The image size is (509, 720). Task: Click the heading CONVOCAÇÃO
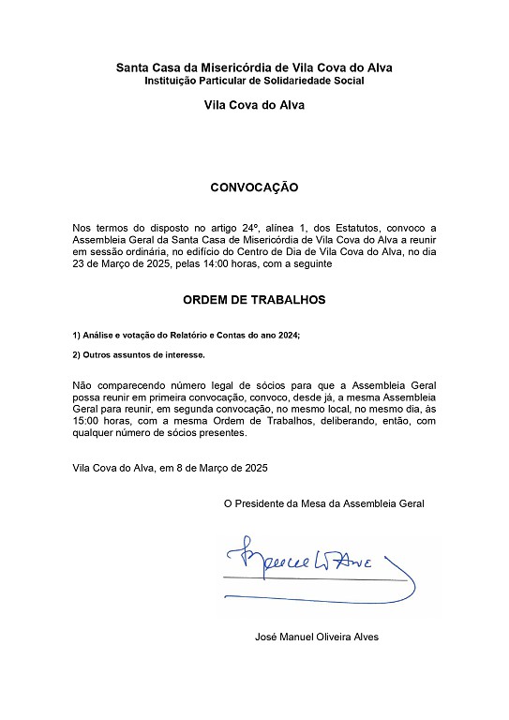tap(254, 187)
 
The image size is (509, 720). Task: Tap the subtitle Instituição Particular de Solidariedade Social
tap(254, 81)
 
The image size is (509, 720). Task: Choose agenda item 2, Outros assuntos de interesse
tap(138, 356)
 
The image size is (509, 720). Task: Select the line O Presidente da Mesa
tap(323, 503)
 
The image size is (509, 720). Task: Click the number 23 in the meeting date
tap(79, 265)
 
